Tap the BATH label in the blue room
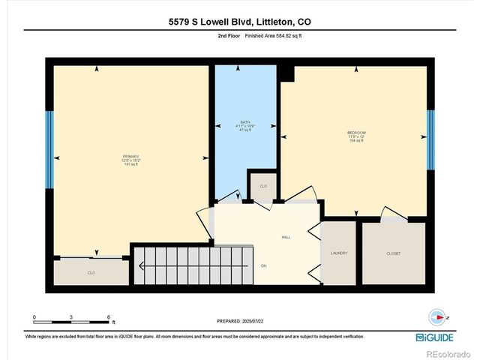(x=244, y=122)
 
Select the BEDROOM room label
(x=355, y=133)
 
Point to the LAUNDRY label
(x=339, y=253)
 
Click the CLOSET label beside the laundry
(x=393, y=253)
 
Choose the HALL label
(x=286, y=237)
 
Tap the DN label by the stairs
(x=263, y=265)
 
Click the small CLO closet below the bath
(x=263, y=186)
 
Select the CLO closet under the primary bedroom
(x=91, y=272)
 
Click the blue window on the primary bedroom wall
(x=49, y=150)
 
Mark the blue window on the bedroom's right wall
(x=430, y=139)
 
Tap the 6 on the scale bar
(x=109, y=317)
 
